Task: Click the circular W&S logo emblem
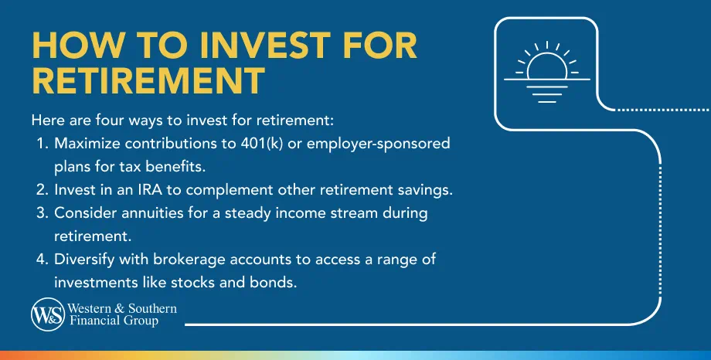tap(46, 314)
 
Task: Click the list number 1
tap(39, 144)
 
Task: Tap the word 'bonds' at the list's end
tap(276, 282)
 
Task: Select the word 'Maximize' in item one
tap(83, 144)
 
